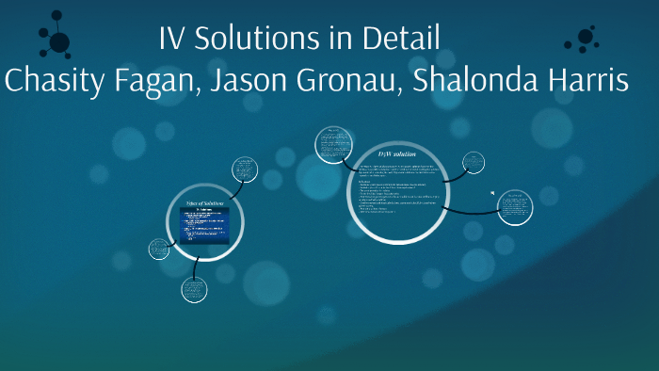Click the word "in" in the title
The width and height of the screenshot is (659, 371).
338,40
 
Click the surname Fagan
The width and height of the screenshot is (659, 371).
153,81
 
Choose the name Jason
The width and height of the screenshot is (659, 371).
249,81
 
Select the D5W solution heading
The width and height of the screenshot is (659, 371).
396,153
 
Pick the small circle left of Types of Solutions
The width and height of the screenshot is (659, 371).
159,249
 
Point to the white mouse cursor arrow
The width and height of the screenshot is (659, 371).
492,194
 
